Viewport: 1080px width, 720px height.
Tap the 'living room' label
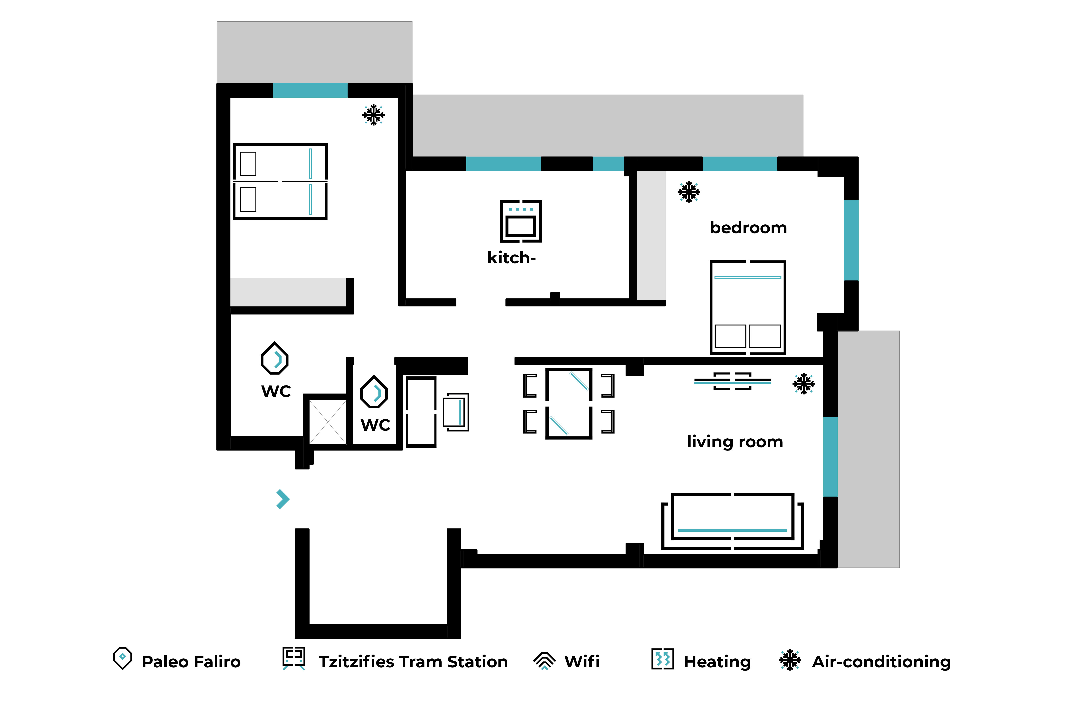[735, 442]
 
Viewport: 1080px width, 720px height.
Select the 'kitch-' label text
[511, 258]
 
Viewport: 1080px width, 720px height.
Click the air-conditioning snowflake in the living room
[804, 383]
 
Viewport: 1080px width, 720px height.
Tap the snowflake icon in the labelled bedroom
[689, 192]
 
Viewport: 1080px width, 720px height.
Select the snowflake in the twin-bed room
[373, 115]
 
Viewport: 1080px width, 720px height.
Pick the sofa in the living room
[732, 521]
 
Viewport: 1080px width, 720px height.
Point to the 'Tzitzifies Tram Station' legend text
[413, 662]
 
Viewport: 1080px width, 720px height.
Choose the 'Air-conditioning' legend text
[881, 662]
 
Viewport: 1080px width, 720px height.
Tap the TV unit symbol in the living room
[732, 381]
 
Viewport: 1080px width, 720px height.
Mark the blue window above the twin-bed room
[310, 90]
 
